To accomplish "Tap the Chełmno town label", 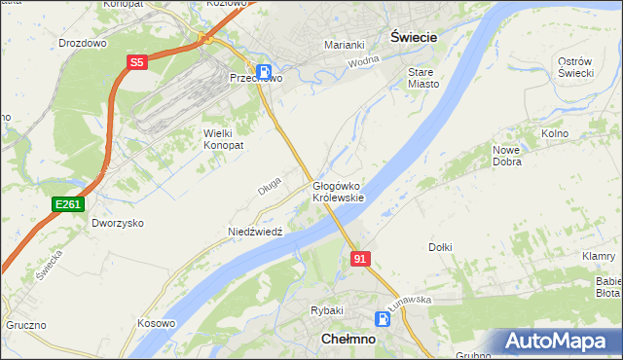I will pyautogui.click(x=348, y=340).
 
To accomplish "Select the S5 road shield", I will pyautogui.click(x=136, y=62).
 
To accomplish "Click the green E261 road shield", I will pyautogui.click(x=68, y=203).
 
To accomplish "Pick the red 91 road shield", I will pyautogui.click(x=360, y=258).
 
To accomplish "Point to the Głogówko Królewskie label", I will pyautogui.click(x=338, y=192).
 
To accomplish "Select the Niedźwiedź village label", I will pyautogui.click(x=255, y=232).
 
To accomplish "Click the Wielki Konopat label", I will pyautogui.click(x=222, y=138).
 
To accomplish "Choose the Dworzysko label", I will pyautogui.click(x=118, y=223).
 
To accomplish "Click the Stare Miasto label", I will pyautogui.click(x=423, y=78).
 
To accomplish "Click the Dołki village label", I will pyautogui.click(x=440, y=247).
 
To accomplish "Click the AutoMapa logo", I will pyautogui.click(x=561, y=341).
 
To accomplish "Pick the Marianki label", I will pyautogui.click(x=344, y=45).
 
